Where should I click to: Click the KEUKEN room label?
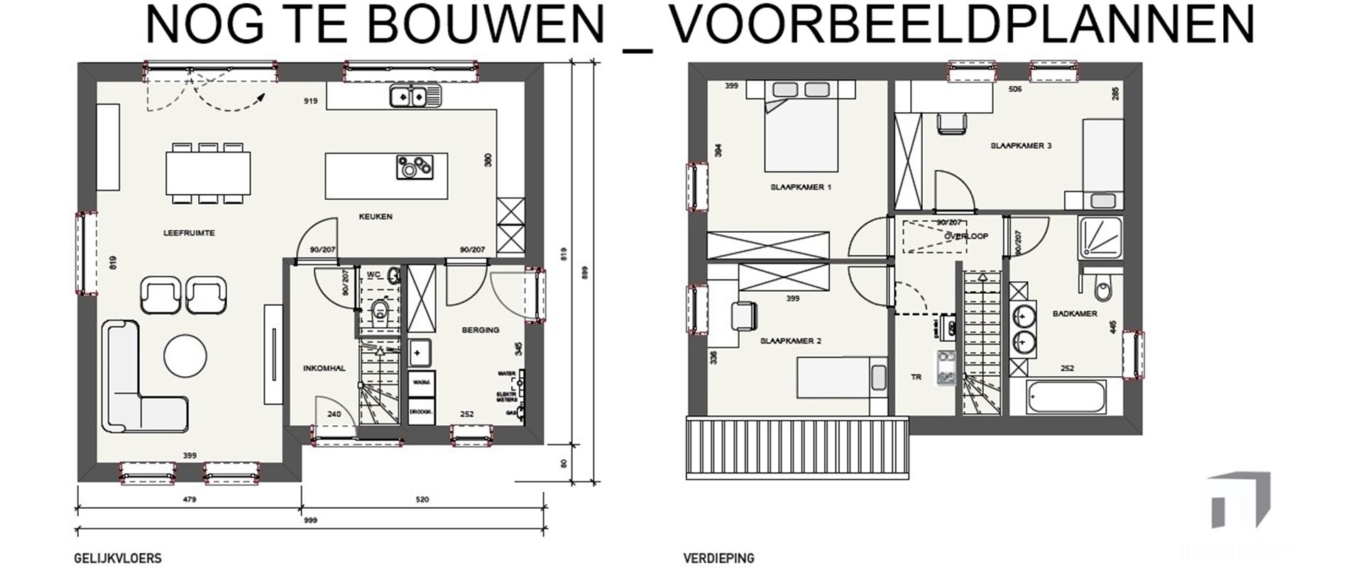[376, 216]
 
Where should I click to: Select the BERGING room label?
[481, 330]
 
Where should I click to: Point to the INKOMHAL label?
[324, 368]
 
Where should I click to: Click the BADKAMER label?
[1075, 313]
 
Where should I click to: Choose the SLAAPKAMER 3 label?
[1021, 146]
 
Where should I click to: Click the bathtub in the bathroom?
[1066, 397]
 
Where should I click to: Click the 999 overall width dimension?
[310, 520]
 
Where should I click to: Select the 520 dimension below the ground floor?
[422, 500]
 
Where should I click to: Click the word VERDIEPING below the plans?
[718, 559]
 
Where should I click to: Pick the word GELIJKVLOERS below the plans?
[118, 559]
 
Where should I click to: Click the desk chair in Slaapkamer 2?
[742, 315]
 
